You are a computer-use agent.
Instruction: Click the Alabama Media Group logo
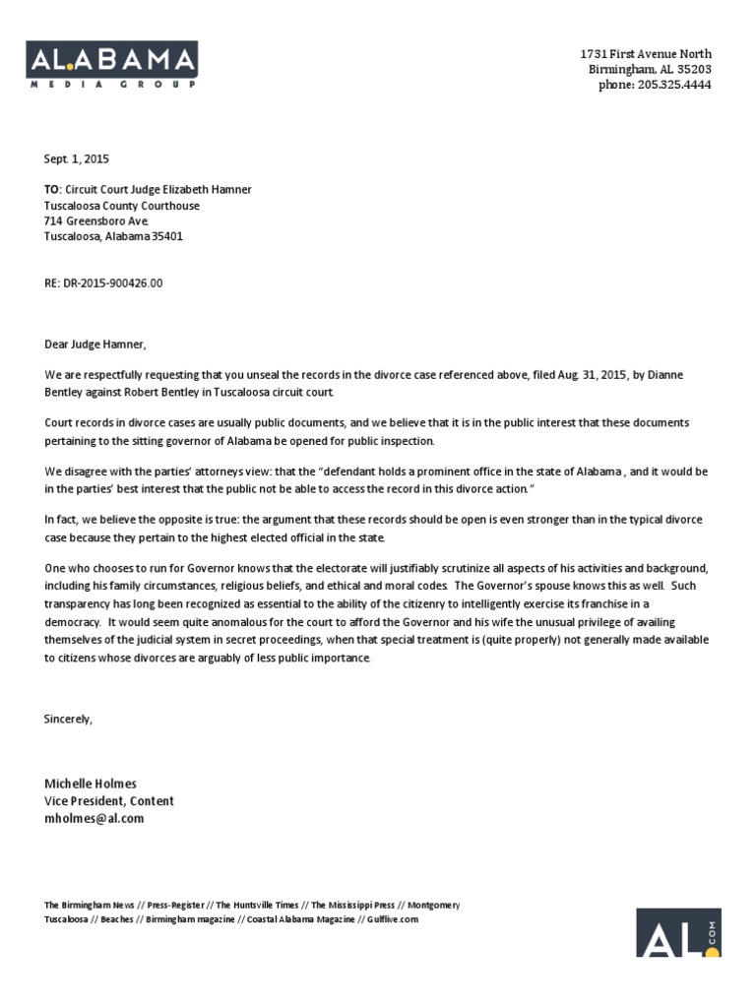coord(111,65)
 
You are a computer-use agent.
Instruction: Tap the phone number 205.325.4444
coord(668,85)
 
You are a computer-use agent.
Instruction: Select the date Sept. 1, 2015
coord(77,159)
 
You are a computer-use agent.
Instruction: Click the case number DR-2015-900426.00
coord(103,283)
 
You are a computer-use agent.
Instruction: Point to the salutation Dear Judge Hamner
coord(94,345)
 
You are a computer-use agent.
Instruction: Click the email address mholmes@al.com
coord(94,818)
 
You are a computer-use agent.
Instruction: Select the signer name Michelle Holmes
coord(91,784)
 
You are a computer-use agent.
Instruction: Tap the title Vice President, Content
coord(108,801)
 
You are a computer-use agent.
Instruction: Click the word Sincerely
coord(68,719)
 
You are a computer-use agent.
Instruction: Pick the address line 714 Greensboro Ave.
coord(95,221)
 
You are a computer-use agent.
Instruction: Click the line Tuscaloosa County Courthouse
coord(121,206)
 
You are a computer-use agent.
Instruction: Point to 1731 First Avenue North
coord(645,53)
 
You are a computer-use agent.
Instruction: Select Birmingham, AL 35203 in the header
coord(649,69)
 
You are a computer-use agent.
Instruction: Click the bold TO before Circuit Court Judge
coord(52,190)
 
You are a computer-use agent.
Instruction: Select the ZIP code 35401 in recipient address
coord(165,236)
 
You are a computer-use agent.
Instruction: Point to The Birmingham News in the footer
coord(89,905)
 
